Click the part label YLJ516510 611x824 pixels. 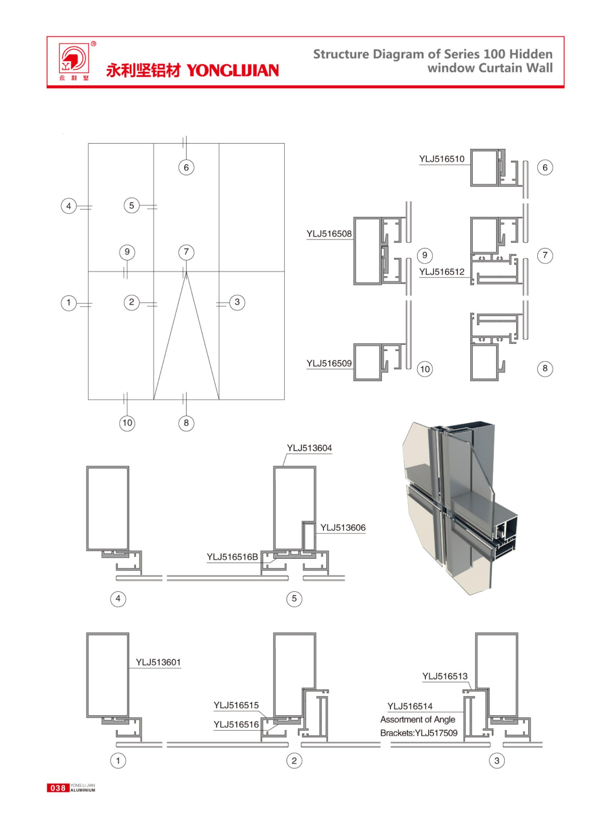click(442, 159)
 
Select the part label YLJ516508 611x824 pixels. click(329, 234)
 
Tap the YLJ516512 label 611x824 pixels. click(442, 272)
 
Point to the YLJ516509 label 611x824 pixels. click(329, 363)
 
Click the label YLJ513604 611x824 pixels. click(310, 448)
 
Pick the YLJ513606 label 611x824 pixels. click(343, 527)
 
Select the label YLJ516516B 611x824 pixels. click(232, 557)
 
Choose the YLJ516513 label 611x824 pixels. click(445, 676)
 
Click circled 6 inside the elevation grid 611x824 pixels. click(186, 168)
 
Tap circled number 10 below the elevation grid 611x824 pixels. click(127, 423)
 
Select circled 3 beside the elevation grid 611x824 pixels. click(237, 302)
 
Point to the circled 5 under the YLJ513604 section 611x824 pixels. click(294, 599)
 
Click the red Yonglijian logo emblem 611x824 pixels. click(74, 58)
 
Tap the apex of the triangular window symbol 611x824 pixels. click(186, 273)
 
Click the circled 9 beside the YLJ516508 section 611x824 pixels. click(424, 255)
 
